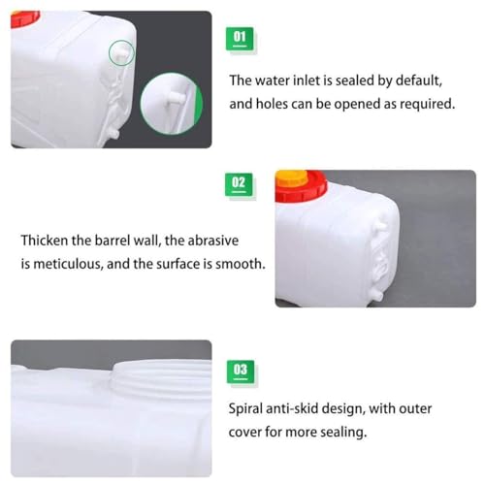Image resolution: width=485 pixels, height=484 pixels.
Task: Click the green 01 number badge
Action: coord(239,38)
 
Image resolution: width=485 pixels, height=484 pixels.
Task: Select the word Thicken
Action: coord(48,239)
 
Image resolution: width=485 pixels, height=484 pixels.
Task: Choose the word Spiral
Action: coord(250,408)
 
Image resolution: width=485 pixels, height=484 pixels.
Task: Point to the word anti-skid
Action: coord(309,408)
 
